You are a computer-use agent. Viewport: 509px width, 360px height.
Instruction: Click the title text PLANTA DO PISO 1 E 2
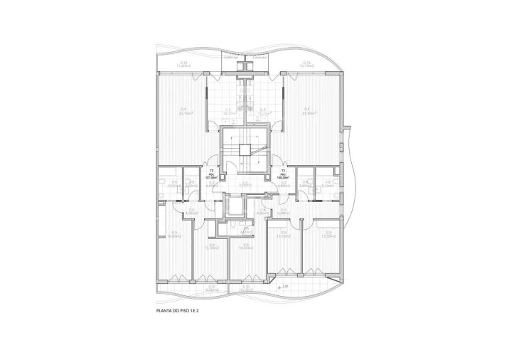point(177,311)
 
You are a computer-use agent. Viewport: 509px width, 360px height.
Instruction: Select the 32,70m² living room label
point(186,112)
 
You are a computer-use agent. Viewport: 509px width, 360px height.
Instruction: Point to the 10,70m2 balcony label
point(308,65)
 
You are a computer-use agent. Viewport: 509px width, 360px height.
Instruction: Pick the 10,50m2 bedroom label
point(247,246)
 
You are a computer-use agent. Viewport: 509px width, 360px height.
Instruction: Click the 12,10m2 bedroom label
point(284,235)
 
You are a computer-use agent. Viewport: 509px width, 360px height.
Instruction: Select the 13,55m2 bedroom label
point(328,235)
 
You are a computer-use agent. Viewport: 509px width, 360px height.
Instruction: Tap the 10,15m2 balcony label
point(247,290)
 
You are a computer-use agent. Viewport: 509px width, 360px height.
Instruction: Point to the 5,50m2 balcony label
point(211,290)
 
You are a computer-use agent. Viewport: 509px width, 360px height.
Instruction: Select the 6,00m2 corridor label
point(191,211)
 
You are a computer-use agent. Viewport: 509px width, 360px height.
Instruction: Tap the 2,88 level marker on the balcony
point(284,287)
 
